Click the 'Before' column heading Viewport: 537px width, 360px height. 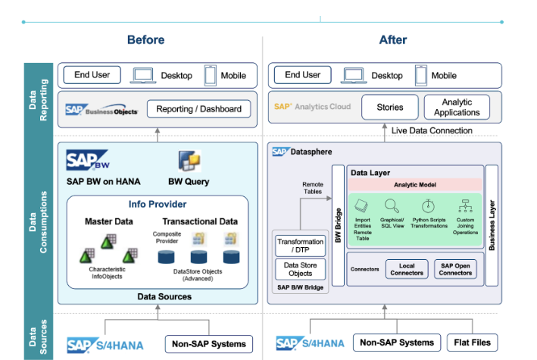point(145,40)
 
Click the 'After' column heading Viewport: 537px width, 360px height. point(393,40)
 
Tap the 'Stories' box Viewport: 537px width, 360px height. point(389,108)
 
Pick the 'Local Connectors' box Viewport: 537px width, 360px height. point(407,269)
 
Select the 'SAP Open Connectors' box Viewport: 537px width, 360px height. point(454,269)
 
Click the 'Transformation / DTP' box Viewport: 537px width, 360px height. point(301,246)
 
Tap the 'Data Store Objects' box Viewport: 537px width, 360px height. point(301,269)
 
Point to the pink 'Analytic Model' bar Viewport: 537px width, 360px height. point(414,185)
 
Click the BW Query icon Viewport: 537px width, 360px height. point(188,161)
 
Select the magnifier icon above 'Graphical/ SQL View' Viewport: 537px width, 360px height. point(392,205)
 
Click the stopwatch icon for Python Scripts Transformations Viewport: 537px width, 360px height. point(428,205)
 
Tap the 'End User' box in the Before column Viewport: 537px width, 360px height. point(92,75)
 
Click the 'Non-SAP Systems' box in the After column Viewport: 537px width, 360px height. point(397,343)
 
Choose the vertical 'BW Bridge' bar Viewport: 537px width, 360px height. point(339,227)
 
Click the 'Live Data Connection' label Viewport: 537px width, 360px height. point(432,130)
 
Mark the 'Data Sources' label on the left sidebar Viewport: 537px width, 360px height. point(36,337)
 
